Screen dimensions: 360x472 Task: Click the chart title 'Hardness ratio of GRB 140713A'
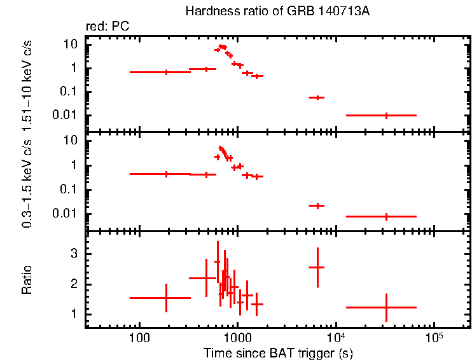pos(259,11)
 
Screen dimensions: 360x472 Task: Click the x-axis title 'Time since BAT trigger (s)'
pos(278,352)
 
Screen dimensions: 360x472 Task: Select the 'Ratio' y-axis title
pos(27,280)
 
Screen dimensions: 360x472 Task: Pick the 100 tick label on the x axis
pos(139,337)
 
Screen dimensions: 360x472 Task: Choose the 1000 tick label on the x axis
pos(237,337)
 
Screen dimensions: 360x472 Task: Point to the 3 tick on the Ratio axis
pos(74,253)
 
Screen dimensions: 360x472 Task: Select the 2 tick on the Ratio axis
pos(74,284)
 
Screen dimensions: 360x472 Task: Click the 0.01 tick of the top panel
pos(67,115)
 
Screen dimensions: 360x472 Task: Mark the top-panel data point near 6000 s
pos(317,97)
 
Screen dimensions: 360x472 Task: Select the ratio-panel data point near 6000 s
pos(317,267)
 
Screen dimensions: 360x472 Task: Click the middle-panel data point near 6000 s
pos(317,205)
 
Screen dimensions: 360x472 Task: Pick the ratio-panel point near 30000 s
pos(386,307)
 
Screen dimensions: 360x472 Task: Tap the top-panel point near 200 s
pos(166,72)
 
